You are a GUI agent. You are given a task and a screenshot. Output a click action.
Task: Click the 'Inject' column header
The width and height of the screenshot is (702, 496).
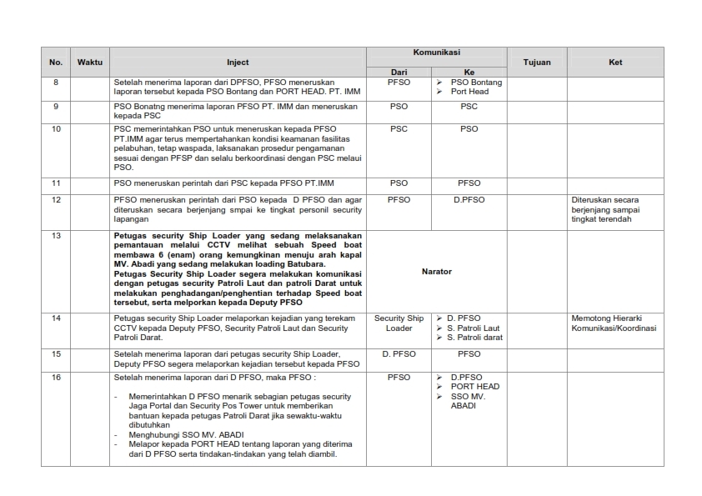[238, 62]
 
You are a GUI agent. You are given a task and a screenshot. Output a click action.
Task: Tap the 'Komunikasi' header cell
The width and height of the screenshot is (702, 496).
[436, 52]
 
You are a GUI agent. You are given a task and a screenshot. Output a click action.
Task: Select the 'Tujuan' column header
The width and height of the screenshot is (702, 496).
[536, 62]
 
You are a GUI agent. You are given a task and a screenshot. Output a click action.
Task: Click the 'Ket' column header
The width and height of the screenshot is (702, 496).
[615, 62]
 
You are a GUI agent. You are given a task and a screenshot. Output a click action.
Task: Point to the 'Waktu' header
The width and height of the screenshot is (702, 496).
[90, 62]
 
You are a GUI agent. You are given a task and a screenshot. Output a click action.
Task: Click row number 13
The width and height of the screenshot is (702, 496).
[56, 236]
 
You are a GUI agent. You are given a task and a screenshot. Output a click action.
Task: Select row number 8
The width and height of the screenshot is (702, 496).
[56, 83]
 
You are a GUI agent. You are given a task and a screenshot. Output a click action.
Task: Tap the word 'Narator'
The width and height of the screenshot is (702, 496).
[437, 271]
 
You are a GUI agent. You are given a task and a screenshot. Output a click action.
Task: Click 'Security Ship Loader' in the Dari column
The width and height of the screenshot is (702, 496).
[399, 323]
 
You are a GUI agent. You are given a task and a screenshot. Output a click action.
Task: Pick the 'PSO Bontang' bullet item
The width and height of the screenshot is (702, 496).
[476, 83]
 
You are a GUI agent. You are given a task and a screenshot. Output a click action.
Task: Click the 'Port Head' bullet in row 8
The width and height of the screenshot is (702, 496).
[469, 92]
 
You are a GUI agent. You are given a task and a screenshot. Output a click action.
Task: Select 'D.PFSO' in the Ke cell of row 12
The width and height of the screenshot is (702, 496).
[469, 200]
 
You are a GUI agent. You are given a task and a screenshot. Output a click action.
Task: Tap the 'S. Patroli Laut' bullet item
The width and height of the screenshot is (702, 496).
[473, 328]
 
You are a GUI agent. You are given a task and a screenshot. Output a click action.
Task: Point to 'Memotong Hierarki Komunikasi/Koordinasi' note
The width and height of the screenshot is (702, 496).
[614, 323]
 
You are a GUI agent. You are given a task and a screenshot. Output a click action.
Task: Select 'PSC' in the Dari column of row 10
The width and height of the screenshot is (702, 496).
[399, 129]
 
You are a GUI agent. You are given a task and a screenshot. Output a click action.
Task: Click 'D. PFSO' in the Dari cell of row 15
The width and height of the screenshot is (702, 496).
[399, 354]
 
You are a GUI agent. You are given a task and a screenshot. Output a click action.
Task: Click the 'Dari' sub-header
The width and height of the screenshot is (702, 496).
[399, 72]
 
